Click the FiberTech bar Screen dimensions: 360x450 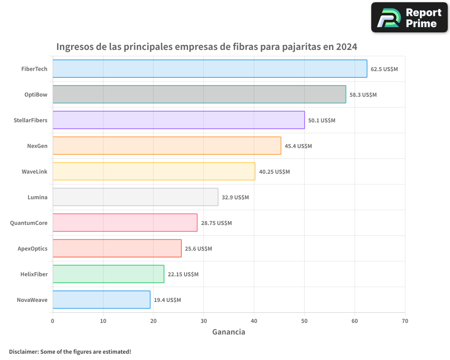210,69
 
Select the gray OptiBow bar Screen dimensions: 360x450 199,94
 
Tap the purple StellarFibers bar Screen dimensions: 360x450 179,120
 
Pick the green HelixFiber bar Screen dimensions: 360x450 108,274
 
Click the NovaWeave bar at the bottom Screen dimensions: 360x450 101,300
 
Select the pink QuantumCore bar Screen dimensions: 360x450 125,223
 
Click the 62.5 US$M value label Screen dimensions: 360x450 384,69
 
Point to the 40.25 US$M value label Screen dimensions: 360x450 274,172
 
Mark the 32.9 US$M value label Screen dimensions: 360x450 235,198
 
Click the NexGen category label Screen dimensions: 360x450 37,146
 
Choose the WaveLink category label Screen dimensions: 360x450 34,171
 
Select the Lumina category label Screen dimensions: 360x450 37,197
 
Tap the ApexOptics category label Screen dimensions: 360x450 32,248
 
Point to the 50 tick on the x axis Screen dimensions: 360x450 304,321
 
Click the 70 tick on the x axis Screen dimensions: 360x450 405,321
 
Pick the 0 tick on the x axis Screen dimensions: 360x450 53,321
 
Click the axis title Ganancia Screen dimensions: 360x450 229,332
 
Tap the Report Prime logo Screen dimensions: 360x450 409,18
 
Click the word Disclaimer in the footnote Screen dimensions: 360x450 23,351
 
